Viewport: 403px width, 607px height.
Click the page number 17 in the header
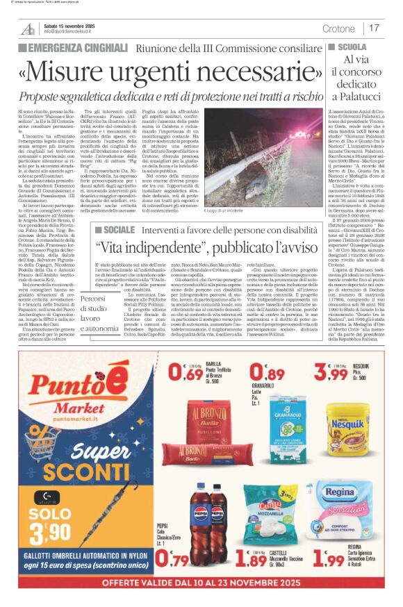tap(374, 28)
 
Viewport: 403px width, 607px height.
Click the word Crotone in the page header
tap(338, 28)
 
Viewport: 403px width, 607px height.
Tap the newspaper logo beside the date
tap(28, 28)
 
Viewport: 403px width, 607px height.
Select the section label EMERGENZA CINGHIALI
tap(67, 49)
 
